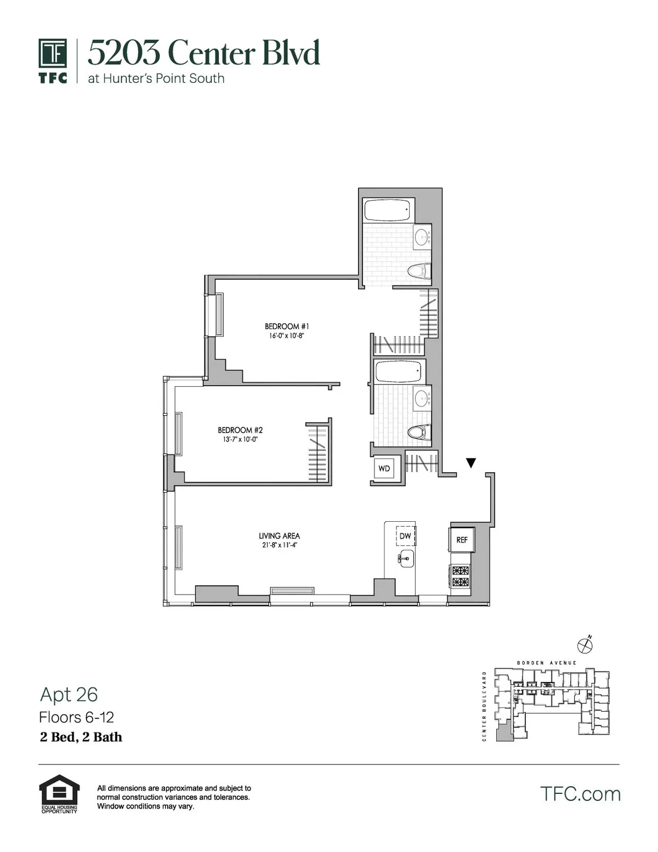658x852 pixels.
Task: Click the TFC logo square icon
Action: point(53,54)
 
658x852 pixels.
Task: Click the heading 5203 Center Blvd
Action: point(203,53)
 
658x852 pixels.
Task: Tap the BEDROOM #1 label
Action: point(287,326)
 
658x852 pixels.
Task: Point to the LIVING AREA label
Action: point(279,536)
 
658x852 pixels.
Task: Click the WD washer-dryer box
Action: point(384,469)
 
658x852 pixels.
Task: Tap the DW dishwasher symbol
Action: point(405,535)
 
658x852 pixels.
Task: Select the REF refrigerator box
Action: point(462,540)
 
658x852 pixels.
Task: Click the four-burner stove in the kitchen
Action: point(461,576)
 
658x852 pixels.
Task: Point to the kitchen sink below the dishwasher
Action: point(405,559)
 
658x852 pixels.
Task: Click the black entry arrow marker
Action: point(470,463)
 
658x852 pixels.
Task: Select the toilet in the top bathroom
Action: point(420,271)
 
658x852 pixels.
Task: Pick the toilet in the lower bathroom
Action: point(418,432)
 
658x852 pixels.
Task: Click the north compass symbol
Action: point(586,645)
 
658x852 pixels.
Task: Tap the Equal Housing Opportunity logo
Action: point(59,794)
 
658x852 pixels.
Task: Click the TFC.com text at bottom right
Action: point(580,794)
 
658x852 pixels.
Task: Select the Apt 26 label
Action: point(69,695)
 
